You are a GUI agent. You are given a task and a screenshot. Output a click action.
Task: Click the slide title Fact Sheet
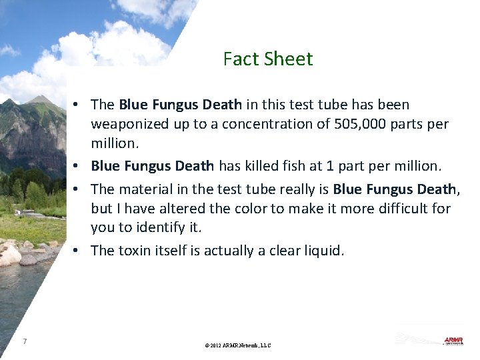(x=268, y=59)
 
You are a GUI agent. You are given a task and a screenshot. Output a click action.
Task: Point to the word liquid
(x=323, y=251)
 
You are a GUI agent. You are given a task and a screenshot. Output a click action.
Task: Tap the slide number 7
(x=25, y=341)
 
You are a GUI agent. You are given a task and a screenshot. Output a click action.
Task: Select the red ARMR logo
(x=453, y=341)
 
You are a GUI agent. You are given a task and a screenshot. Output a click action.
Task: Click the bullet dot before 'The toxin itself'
(x=78, y=251)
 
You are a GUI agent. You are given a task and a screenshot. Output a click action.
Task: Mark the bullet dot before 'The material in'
(x=78, y=189)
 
